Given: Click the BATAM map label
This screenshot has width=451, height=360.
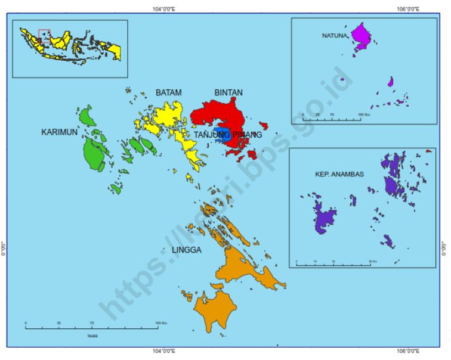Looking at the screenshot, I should pyautogui.click(x=168, y=93).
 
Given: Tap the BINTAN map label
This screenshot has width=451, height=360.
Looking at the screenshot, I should pyautogui.click(x=228, y=93).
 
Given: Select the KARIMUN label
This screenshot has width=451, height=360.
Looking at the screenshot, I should pyautogui.click(x=59, y=132).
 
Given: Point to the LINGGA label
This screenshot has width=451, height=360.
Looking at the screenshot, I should pyautogui.click(x=186, y=250).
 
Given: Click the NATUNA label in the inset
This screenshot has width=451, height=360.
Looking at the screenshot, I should pyautogui.click(x=334, y=36).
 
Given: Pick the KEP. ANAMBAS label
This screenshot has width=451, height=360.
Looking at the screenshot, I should pyautogui.click(x=339, y=174).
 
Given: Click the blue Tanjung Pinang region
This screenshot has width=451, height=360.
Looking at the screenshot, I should pyautogui.click(x=222, y=134).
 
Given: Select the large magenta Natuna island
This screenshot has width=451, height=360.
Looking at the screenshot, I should pyautogui.click(x=361, y=36).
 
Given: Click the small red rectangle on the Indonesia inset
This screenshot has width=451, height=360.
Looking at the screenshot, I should pyautogui.click(x=44, y=35).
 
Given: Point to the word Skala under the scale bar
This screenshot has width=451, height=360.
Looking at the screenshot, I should pyautogui.click(x=92, y=336).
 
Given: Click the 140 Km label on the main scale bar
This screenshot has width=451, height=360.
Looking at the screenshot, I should pyautogui.click(x=160, y=323).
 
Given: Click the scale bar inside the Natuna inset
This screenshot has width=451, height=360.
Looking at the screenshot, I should pyautogui.click(x=331, y=119).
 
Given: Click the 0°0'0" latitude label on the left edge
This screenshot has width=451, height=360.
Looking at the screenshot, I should pyautogui.click(x=4, y=247).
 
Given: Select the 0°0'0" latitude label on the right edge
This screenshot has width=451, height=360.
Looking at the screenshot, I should pyautogui.click(x=444, y=247).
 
